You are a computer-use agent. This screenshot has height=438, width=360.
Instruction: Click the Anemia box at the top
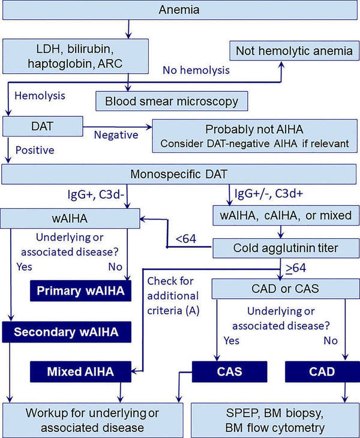tap(180, 11)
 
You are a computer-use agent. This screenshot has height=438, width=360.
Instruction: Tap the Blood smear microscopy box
tap(172, 100)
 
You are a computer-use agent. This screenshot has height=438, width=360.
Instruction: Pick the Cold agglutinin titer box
tap(282, 247)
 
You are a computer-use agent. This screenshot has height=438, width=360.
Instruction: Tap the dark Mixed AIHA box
tap(81, 371)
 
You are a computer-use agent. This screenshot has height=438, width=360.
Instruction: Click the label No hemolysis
tap(196, 71)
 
